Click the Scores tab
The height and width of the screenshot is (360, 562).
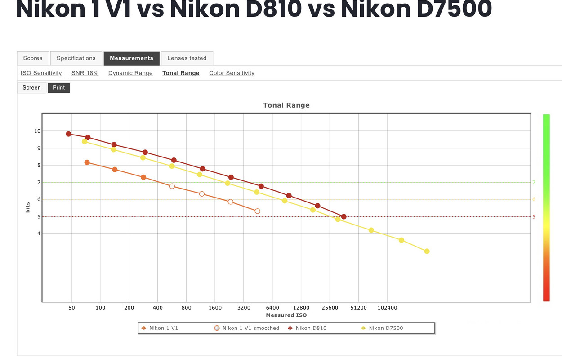(x=33, y=58)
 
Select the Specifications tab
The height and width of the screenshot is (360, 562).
(x=76, y=58)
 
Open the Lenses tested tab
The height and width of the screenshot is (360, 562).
(x=187, y=58)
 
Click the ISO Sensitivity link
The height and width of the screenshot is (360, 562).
(x=41, y=73)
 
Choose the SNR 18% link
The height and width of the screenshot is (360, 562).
(x=85, y=73)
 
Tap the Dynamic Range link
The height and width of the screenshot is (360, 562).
(x=130, y=73)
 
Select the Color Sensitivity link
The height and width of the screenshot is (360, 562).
(x=232, y=73)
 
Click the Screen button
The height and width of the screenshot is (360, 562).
(x=32, y=88)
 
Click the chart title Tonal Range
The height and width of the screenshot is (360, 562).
(x=286, y=105)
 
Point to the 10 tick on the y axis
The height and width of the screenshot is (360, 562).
(x=37, y=131)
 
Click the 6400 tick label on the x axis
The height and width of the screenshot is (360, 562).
(x=272, y=308)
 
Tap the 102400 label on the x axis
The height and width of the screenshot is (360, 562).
(x=387, y=308)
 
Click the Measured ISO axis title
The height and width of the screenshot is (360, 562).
(x=286, y=315)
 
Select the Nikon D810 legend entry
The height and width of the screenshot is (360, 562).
(x=311, y=328)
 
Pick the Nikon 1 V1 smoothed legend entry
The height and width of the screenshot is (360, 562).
(x=250, y=328)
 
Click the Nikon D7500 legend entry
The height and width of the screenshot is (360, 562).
(x=386, y=328)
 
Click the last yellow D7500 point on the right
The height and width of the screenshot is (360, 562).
(x=427, y=252)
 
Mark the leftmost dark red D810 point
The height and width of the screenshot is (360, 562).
(x=68, y=134)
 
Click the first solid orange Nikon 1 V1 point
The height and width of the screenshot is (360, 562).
(x=87, y=162)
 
